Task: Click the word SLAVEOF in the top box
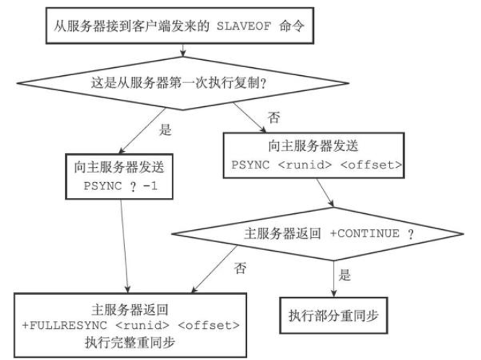pos(244,27)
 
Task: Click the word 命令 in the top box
pos(292,26)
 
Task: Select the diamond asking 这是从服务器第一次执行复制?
pos(183,83)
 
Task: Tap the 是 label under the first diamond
pos(165,130)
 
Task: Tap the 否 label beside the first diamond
pos(274,117)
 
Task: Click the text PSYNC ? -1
pos(121,186)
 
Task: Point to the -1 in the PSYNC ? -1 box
pos(150,186)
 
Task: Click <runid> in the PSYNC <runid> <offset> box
pos(305,165)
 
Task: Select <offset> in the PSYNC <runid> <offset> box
pos(371,165)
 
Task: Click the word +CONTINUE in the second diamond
pos(365,233)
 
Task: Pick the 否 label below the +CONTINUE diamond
pos(240,268)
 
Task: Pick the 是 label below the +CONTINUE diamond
pos(344,275)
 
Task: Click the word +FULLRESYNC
pos(65,325)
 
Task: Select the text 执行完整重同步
pos(130,343)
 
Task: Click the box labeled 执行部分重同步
pos(334,315)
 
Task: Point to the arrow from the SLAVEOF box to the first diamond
pos(183,50)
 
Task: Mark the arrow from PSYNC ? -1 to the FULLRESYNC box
pos(124,246)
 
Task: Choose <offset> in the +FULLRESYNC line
pos(209,325)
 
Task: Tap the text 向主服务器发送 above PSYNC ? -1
pos(119,168)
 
